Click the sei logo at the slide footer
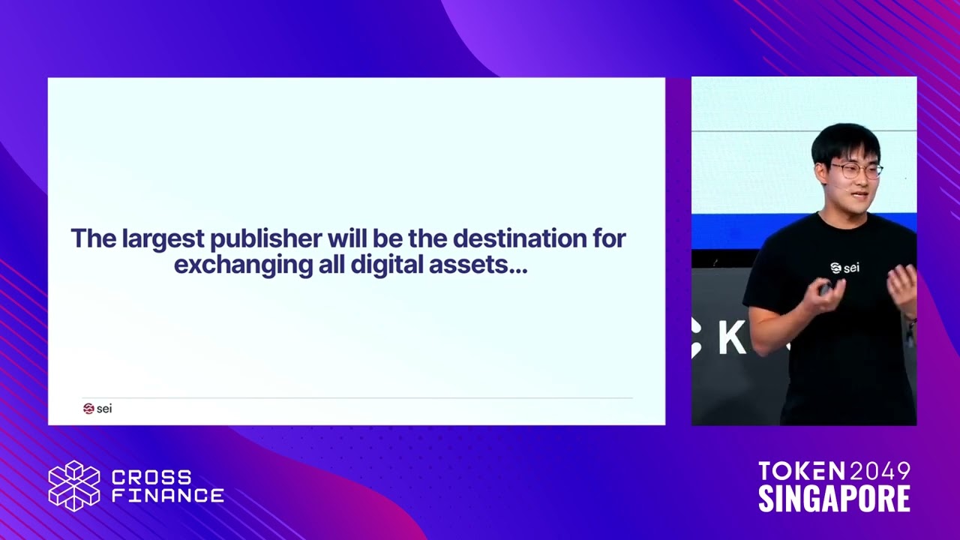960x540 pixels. [x=97, y=409]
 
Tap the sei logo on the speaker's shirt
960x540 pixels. [x=844, y=268]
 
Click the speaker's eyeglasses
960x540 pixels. [x=857, y=170]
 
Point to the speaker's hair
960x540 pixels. [x=845, y=140]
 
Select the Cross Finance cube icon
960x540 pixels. [x=73, y=486]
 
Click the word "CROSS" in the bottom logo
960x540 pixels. [x=151, y=477]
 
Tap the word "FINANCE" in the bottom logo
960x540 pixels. [x=167, y=495]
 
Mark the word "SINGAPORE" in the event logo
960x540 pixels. [x=834, y=499]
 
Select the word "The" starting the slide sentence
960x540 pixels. [x=93, y=239]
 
